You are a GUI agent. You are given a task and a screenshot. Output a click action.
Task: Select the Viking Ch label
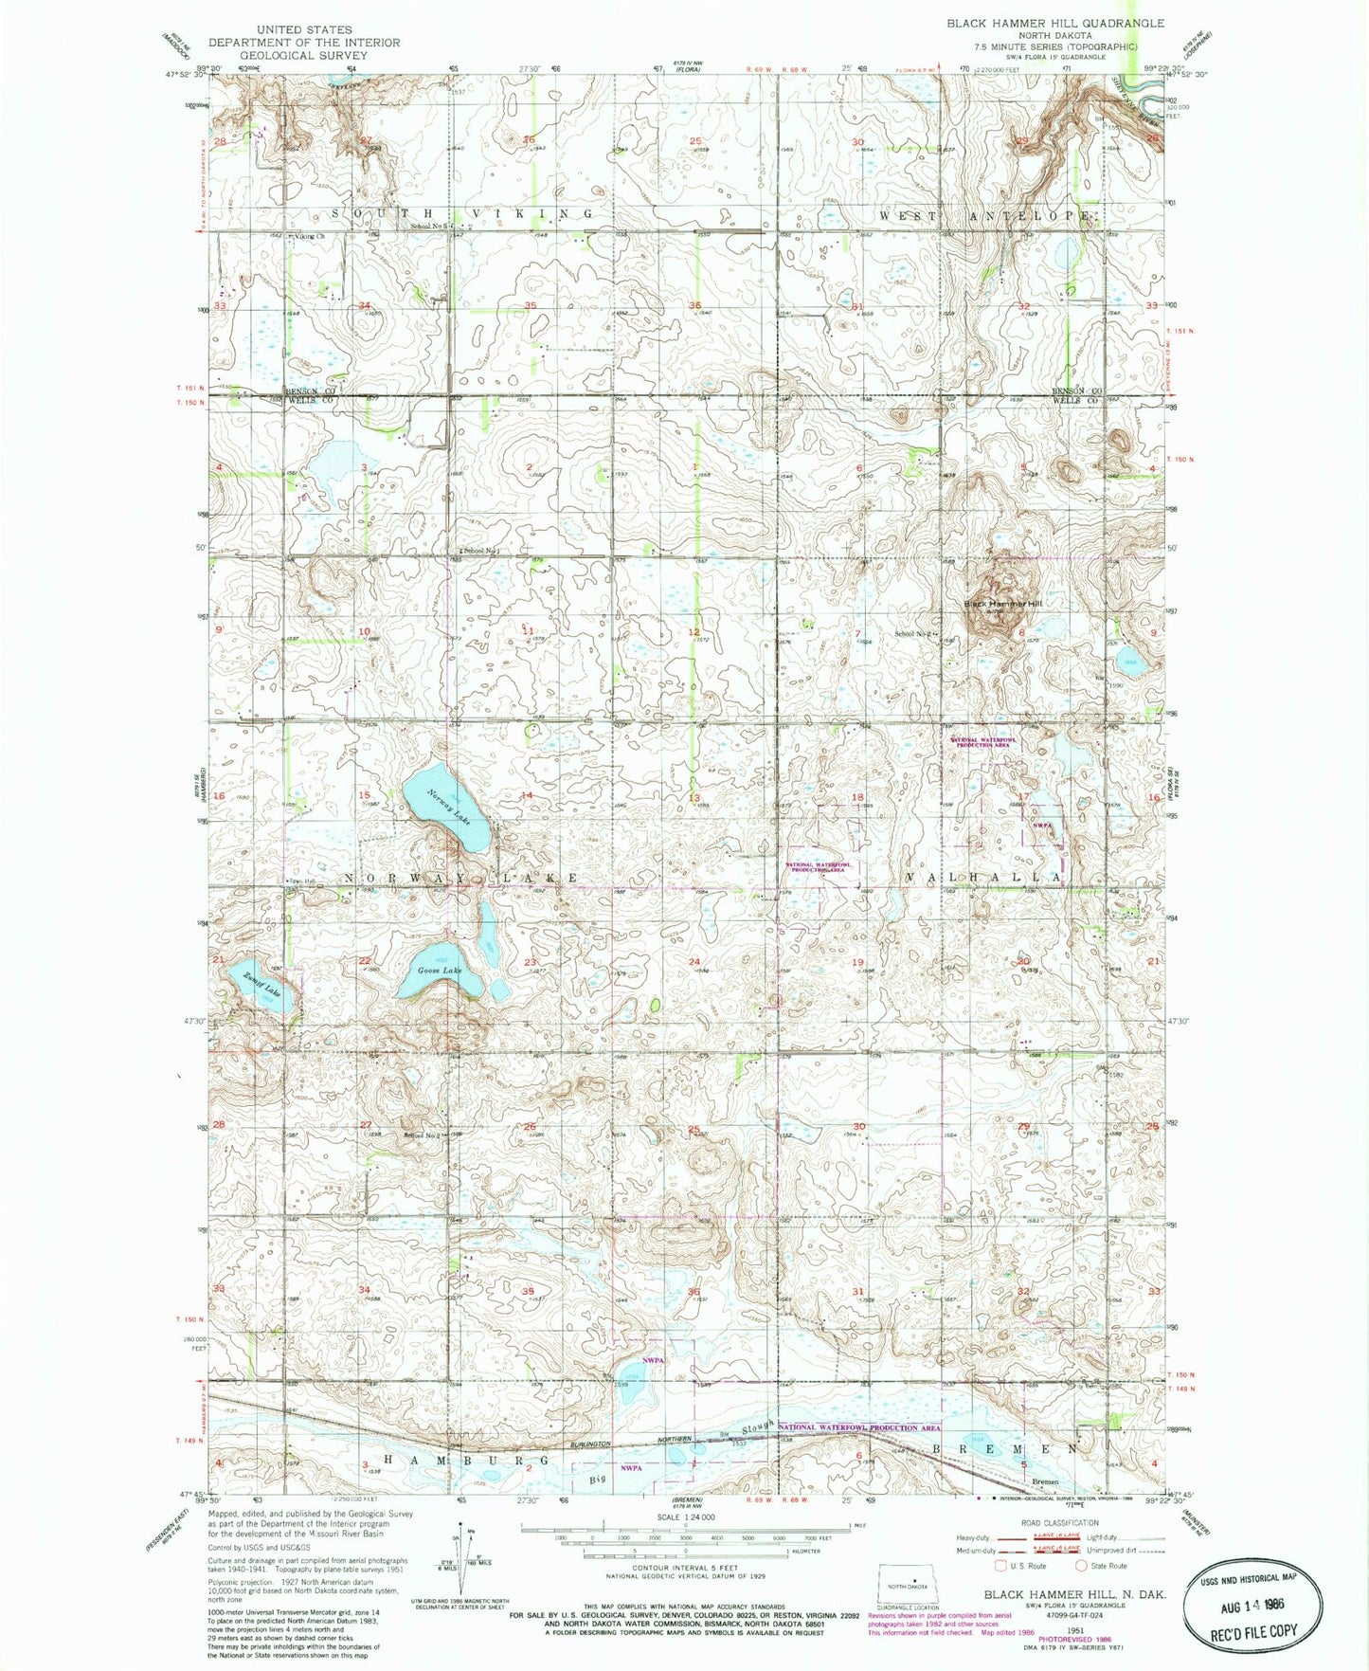pos(310,236)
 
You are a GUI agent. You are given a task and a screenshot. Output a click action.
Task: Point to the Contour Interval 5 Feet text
pos(689,1570)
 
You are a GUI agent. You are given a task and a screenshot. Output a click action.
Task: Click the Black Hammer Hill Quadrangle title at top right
pos(1055,23)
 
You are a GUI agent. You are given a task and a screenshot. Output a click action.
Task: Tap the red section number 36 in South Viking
pos(695,305)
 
